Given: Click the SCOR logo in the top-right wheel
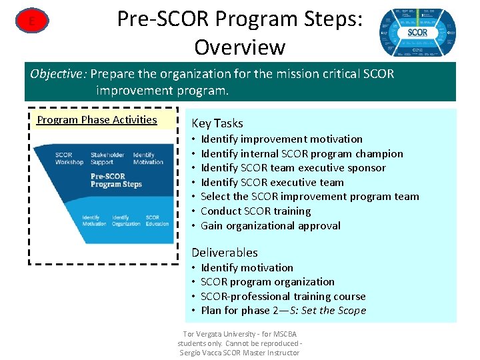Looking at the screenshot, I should coord(417,33).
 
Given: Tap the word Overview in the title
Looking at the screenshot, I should coord(239,47).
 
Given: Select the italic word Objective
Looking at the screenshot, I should coord(58,73).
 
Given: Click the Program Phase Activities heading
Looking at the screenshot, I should coord(97,120).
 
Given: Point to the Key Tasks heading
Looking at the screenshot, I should coord(217,123).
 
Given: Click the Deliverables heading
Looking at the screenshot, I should coord(224,252).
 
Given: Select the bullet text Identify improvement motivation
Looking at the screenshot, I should coord(281,139).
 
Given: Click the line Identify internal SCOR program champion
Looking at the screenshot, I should coord(301,153).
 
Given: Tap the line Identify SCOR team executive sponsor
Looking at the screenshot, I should coord(293,167).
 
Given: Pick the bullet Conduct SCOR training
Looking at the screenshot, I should coord(255,211).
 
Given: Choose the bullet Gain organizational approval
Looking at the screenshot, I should coord(270,225).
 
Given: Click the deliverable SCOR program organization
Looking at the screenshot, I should coord(267,281).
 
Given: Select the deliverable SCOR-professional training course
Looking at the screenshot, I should coord(283,296).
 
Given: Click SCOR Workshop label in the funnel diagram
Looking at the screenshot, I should coord(69,159).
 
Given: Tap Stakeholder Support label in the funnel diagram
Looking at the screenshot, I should coord(107,159).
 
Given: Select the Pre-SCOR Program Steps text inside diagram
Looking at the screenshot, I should coord(117,180).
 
